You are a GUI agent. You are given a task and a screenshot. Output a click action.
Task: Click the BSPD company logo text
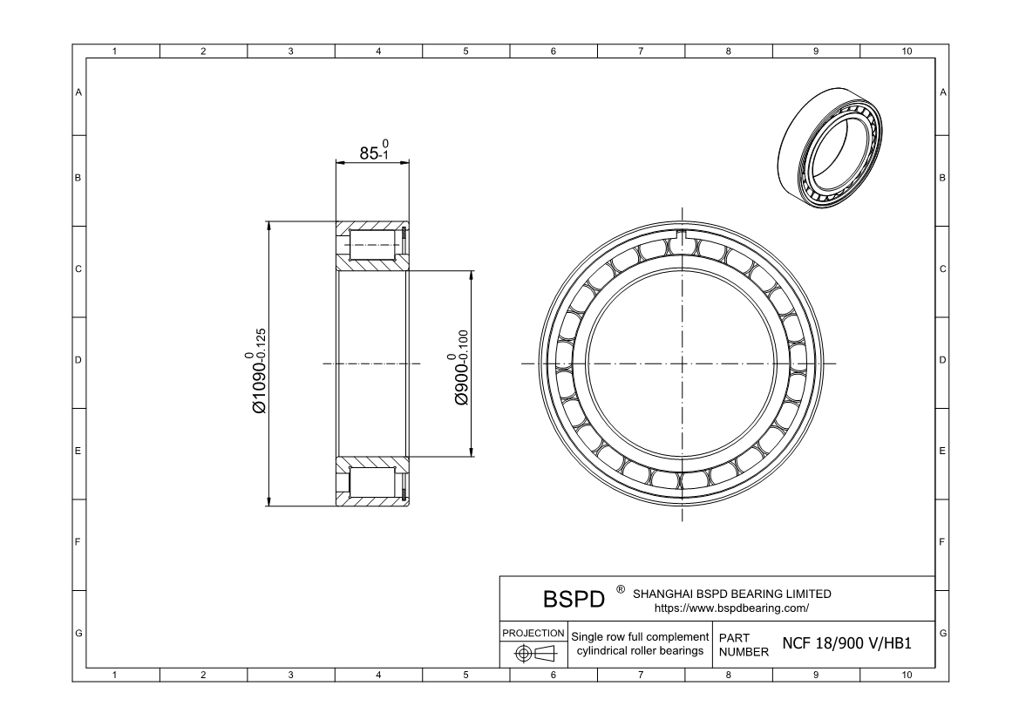tap(574, 600)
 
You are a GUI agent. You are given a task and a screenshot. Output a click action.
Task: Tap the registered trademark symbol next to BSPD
tap(620, 590)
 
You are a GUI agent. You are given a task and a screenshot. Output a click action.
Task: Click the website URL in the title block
tap(730, 608)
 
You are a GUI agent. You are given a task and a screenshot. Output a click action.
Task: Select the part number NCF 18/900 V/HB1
tap(846, 644)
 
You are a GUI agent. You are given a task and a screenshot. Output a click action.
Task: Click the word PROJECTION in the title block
tap(533, 632)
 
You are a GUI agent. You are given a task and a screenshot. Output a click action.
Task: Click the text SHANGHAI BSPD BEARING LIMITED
tap(731, 594)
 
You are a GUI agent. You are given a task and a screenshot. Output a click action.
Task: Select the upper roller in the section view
tap(373, 245)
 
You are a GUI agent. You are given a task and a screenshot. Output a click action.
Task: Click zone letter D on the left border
tap(78, 360)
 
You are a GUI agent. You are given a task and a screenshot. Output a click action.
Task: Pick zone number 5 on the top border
tap(465, 52)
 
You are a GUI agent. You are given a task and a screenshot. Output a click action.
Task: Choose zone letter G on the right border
tap(942, 632)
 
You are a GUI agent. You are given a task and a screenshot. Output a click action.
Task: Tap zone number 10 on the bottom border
tap(906, 675)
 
